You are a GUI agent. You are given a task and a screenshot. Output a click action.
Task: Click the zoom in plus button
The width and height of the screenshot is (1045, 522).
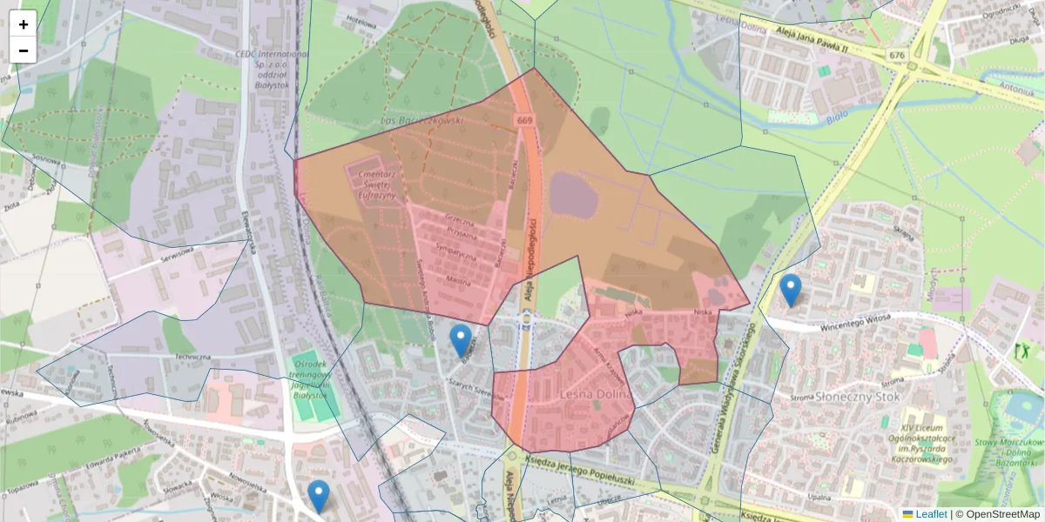(24, 24)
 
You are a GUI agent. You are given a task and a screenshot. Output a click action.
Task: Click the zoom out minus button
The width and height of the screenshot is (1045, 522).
(24, 50)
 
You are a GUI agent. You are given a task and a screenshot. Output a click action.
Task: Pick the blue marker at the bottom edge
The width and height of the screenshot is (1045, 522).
(319, 496)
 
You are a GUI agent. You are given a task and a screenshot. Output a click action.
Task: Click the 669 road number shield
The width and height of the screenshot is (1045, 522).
(524, 120)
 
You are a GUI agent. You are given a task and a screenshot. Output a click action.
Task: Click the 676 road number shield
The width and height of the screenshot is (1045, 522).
(897, 55)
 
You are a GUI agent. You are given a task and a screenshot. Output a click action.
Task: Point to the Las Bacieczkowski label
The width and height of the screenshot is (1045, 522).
(422, 120)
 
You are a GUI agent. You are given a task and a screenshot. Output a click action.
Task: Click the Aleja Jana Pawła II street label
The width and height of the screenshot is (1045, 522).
(806, 41)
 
